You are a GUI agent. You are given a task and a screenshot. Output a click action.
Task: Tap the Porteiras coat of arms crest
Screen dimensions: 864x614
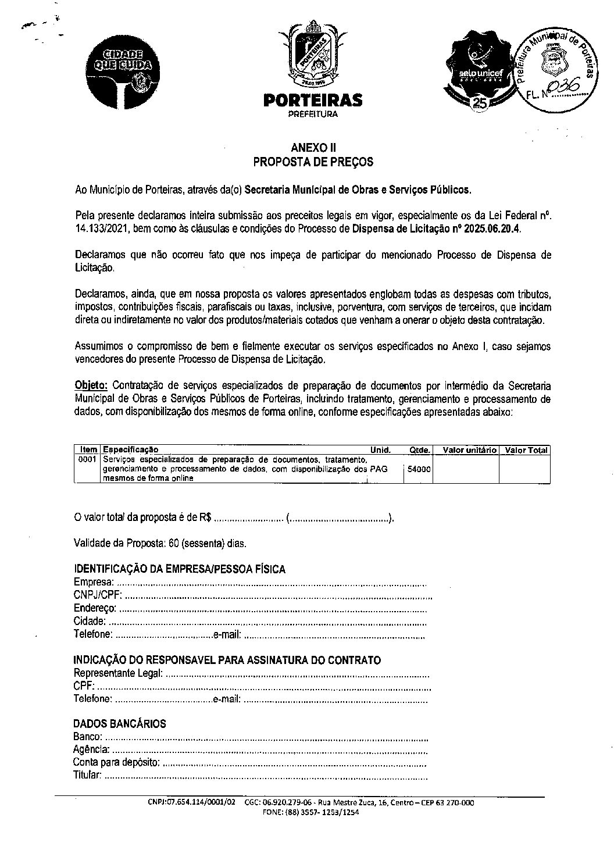[x=313, y=55]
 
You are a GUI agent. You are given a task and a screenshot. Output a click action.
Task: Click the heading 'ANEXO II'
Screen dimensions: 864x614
[x=313, y=149]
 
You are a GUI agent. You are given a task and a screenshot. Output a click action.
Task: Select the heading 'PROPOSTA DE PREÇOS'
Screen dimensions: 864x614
[x=313, y=162]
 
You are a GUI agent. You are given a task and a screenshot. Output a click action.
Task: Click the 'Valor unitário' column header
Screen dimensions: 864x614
[x=469, y=450]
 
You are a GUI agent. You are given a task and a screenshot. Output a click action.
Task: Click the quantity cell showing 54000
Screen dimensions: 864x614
[x=419, y=469]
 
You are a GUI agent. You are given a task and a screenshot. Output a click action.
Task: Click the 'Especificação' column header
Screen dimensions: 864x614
[x=131, y=450]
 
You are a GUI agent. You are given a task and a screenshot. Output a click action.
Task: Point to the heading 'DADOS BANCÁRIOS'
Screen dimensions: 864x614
[x=119, y=724]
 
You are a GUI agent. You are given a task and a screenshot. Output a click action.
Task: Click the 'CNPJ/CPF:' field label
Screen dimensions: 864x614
[x=98, y=595]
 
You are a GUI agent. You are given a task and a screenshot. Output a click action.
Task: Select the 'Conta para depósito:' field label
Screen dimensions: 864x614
[x=115, y=763]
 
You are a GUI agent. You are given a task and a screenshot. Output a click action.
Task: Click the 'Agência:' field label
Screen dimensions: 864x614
[x=91, y=750]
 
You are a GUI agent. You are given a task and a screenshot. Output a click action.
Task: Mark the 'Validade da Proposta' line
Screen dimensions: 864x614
[x=160, y=544]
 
